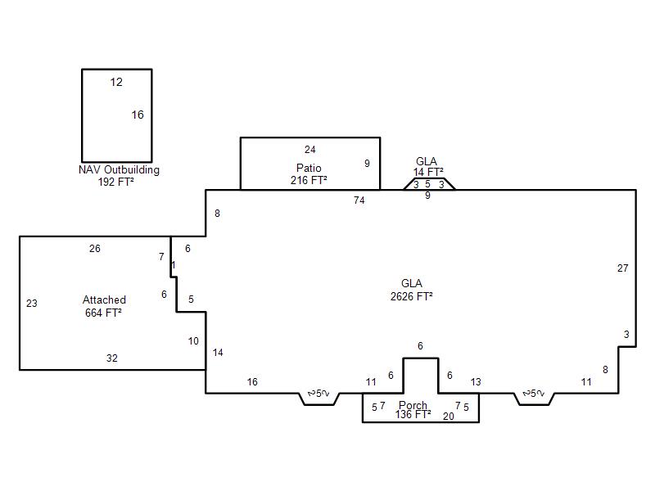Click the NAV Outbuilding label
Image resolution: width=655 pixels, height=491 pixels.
pos(119,170)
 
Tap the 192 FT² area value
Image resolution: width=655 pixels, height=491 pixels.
pos(116,182)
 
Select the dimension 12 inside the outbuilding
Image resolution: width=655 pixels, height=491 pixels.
pos(116,83)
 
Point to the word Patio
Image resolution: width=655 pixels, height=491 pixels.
pos(309,168)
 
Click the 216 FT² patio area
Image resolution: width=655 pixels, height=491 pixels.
pos(309,180)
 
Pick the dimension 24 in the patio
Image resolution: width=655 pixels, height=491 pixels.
pos(310,150)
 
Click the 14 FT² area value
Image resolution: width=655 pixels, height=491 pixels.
pos(428,172)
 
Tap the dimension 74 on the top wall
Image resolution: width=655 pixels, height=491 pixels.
pos(359,200)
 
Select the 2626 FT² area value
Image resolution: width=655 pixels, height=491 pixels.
pos(412,296)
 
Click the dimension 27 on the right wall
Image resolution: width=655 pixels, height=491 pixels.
pos(622,268)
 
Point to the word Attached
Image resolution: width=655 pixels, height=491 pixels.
pos(104,300)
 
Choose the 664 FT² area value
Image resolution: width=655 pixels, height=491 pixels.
pos(103,313)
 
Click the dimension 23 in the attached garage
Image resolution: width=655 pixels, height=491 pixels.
pos(32,304)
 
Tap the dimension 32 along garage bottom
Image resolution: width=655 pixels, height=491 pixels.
pos(111,358)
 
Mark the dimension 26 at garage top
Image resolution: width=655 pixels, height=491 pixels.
pos(95,249)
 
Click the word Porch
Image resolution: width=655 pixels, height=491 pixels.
pos(413,405)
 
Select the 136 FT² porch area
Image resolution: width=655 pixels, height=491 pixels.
pos(413,415)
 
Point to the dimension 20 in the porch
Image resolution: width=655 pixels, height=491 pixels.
pos(448,417)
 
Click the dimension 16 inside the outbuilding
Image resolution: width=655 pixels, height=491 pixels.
pos(138,115)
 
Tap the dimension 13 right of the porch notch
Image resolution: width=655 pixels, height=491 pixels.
pos(476,382)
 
